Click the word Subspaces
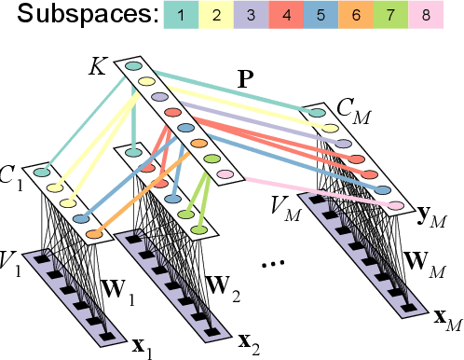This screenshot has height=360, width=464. (77, 16)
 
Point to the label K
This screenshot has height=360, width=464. (98, 65)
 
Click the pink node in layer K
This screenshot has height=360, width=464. (225, 174)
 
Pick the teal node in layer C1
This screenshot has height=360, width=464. (41, 172)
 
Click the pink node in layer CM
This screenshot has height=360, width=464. (395, 205)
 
